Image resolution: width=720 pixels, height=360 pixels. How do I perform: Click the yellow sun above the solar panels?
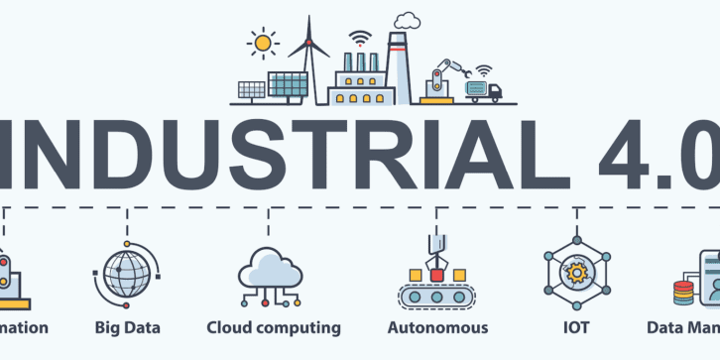click(263, 44)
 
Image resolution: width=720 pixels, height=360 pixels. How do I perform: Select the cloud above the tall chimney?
click(407, 19)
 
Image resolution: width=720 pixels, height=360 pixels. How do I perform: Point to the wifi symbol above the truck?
click(483, 71)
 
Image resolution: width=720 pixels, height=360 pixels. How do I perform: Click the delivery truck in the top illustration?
click(484, 92)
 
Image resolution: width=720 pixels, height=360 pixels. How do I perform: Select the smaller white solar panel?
click(251, 90)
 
